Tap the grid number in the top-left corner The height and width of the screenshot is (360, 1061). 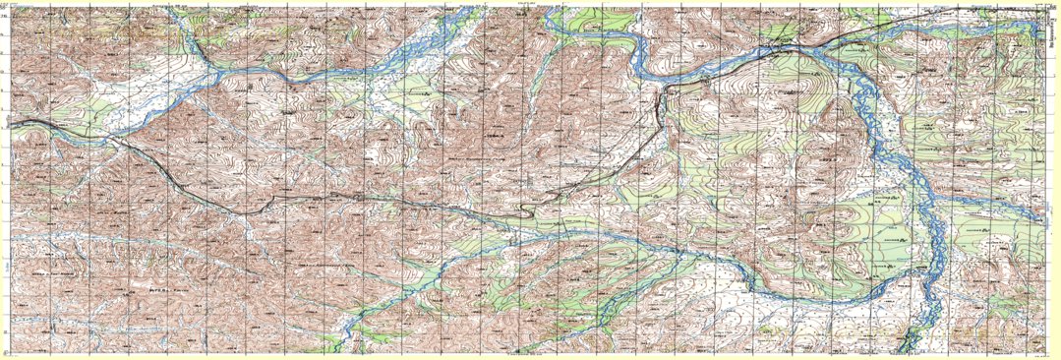coord(5,6)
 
